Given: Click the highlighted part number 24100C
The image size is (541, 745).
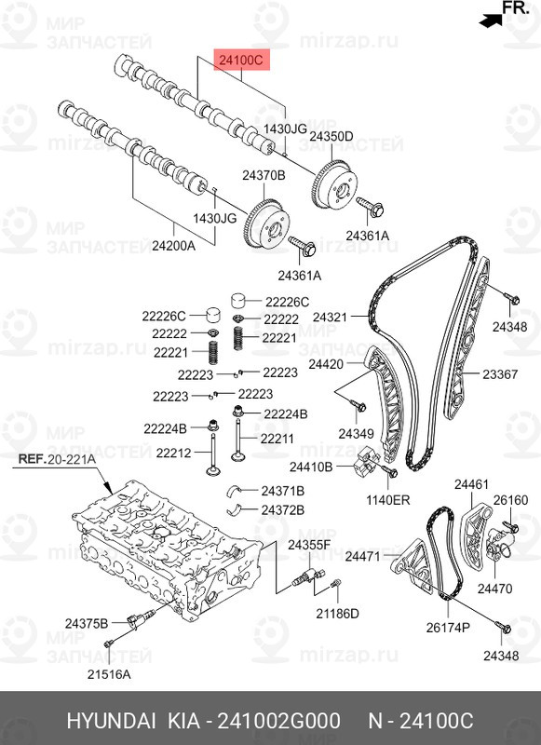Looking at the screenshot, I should (242, 61).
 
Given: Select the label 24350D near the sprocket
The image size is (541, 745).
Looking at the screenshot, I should (331, 136).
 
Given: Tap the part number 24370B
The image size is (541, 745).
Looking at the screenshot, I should (264, 176).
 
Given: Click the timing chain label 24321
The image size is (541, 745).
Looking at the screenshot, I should (329, 318).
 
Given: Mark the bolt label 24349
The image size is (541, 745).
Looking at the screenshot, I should (356, 434).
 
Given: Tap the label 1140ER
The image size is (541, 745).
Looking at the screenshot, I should (388, 500).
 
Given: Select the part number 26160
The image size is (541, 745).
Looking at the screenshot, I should (510, 500).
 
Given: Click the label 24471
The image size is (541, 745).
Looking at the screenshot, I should (363, 556).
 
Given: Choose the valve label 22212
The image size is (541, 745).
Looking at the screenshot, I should (173, 453).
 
